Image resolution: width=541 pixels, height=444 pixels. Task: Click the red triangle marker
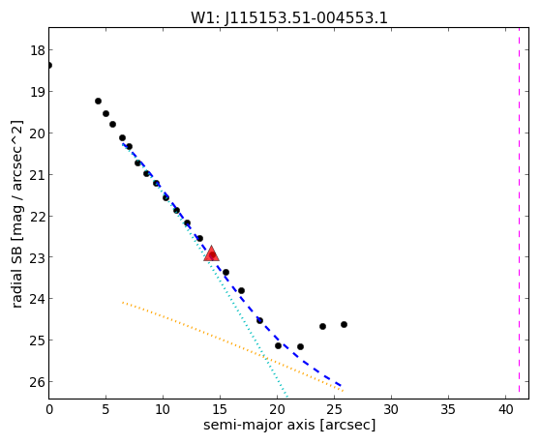(x=212, y=253)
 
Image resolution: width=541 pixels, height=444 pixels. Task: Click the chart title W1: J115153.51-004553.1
(x=289, y=18)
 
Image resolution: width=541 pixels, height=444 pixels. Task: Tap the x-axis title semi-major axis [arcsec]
(x=289, y=425)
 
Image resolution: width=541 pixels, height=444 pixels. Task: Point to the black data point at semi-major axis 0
(x=49, y=65)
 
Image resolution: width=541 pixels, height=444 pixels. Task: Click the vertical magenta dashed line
(x=519, y=210)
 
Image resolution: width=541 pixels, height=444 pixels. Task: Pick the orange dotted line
(x=232, y=346)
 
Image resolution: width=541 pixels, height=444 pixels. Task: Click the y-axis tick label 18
(x=37, y=50)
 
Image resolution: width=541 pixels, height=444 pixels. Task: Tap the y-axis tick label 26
(x=37, y=382)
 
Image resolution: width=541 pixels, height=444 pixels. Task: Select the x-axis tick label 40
(x=505, y=409)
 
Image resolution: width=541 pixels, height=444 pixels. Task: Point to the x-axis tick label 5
(x=105, y=409)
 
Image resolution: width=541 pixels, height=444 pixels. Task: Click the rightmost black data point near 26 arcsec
(x=344, y=324)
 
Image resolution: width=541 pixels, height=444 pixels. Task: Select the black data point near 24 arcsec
(x=322, y=326)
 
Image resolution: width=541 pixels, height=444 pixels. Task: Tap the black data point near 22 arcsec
(x=300, y=346)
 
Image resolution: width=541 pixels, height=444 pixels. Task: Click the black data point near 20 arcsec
(x=278, y=345)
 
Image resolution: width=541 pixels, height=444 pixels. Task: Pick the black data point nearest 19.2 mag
(x=98, y=101)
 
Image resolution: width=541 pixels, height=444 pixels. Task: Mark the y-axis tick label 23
(x=37, y=257)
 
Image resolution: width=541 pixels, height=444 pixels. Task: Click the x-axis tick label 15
(x=220, y=409)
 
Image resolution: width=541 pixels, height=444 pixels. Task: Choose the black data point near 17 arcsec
(x=241, y=290)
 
